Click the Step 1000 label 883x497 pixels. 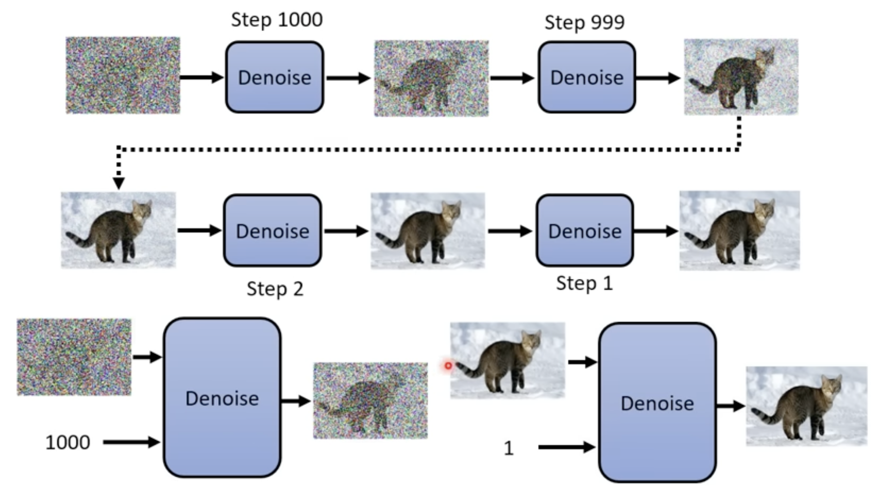276,20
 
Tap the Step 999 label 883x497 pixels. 584,22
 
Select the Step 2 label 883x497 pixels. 275,289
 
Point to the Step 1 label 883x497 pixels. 584,283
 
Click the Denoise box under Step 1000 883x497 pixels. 274,77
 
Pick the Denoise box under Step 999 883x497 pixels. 586,77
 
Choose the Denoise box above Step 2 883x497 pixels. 273,230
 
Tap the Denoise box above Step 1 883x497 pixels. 585,230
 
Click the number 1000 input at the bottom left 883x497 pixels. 68,443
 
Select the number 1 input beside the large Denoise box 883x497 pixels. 509,448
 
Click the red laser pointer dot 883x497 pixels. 448,366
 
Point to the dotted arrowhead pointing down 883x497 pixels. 118,183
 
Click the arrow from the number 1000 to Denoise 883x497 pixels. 131,442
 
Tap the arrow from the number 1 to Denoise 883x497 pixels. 567,447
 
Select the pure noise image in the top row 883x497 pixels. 123,75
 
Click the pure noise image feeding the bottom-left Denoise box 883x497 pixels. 74,357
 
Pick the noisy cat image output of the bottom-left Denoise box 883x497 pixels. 370,401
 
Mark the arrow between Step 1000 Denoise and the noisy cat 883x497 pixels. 348,78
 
